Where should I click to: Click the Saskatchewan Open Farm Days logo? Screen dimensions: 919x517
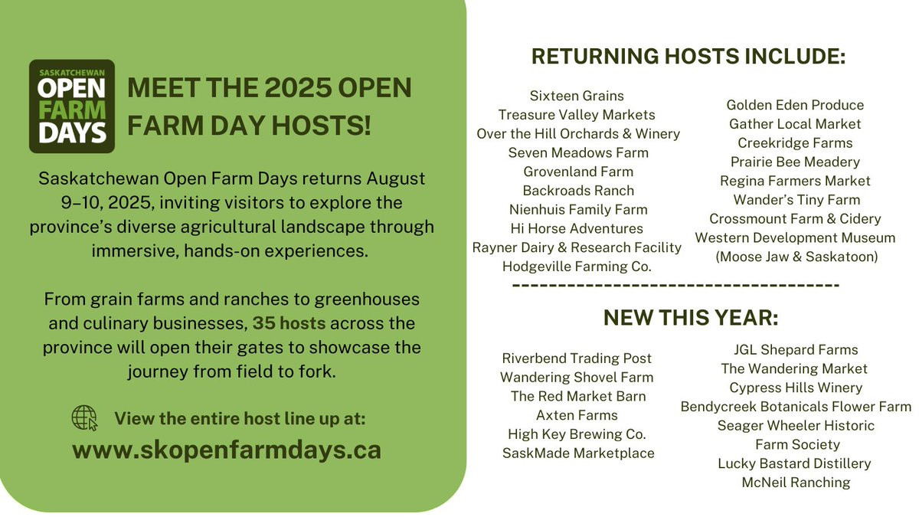pyautogui.click(x=72, y=106)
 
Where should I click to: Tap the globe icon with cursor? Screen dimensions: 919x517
pyautogui.click(x=84, y=418)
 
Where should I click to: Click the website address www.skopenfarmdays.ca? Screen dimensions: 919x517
pyautogui.click(x=227, y=450)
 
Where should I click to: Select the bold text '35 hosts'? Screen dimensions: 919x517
pyautogui.click(x=289, y=323)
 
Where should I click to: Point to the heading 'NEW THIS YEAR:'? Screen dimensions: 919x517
pyautogui.click(x=691, y=318)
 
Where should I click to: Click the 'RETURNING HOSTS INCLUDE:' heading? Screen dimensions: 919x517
pyautogui.click(x=688, y=56)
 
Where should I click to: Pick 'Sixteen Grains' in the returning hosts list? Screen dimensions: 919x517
pyautogui.click(x=577, y=96)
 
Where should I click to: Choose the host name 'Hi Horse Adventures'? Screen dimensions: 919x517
pyautogui.click(x=577, y=228)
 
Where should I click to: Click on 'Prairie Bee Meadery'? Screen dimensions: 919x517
pyautogui.click(x=795, y=162)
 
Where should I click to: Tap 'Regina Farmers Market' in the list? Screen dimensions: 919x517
pyautogui.click(x=795, y=181)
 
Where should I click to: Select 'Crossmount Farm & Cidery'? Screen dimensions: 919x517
pyautogui.click(x=795, y=219)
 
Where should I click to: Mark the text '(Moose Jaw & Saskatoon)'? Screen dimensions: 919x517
pyautogui.click(x=796, y=257)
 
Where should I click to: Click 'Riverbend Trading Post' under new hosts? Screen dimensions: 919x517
pyautogui.click(x=577, y=358)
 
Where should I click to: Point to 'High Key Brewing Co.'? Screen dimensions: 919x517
pyautogui.click(x=577, y=434)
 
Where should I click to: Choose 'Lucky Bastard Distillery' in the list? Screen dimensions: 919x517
pyautogui.click(x=794, y=463)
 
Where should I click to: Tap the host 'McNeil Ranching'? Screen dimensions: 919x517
pyautogui.click(x=796, y=483)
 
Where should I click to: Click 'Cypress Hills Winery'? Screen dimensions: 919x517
pyautogui.click(x=796, y=388)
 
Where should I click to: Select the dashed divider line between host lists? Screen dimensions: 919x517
pyautogui.click(x=676, y=285)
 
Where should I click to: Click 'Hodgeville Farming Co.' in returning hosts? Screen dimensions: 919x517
pyautogui.click(x=577, y=267)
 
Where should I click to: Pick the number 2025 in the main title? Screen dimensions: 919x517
pyautogui.click(x=297, y=87)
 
